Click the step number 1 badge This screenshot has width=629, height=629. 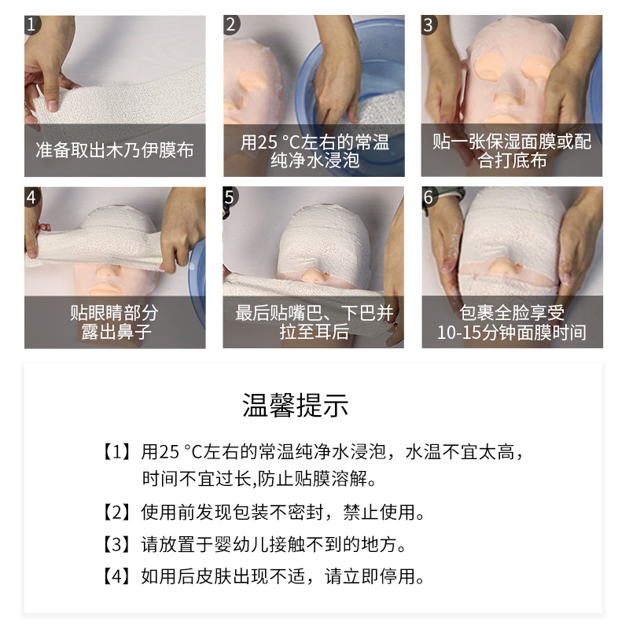coord(31,25)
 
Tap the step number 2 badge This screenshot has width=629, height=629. coord(230,25)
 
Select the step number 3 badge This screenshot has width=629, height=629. coord(429,25)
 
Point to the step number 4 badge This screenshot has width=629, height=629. coord(31,197)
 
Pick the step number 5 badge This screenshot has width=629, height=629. coord(230,197)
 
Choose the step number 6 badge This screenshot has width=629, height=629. coord(429,197)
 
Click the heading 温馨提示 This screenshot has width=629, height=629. coord(296,405)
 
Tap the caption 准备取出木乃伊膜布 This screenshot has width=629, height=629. coord(115,150)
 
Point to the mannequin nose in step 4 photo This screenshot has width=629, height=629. coord(109,271)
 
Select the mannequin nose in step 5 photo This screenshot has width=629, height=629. coord(313,276)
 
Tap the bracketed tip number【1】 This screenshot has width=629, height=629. coord(116,452)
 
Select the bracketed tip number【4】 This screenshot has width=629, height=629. coord(116,576)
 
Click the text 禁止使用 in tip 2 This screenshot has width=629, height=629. coord(379,513)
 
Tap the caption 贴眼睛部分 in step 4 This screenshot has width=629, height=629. coord(114,313)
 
